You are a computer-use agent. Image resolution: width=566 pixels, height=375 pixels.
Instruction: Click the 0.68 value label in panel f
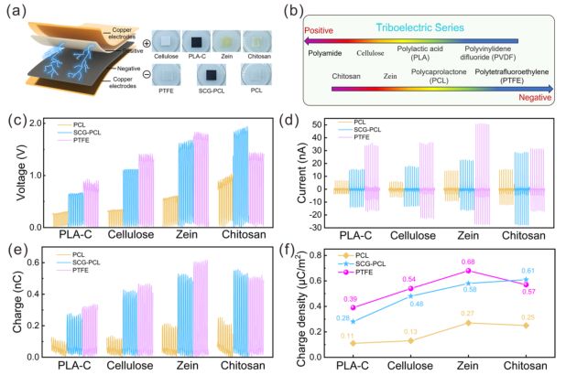(471, 261)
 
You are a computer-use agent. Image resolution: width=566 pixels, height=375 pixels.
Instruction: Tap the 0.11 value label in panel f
(349, 336)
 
